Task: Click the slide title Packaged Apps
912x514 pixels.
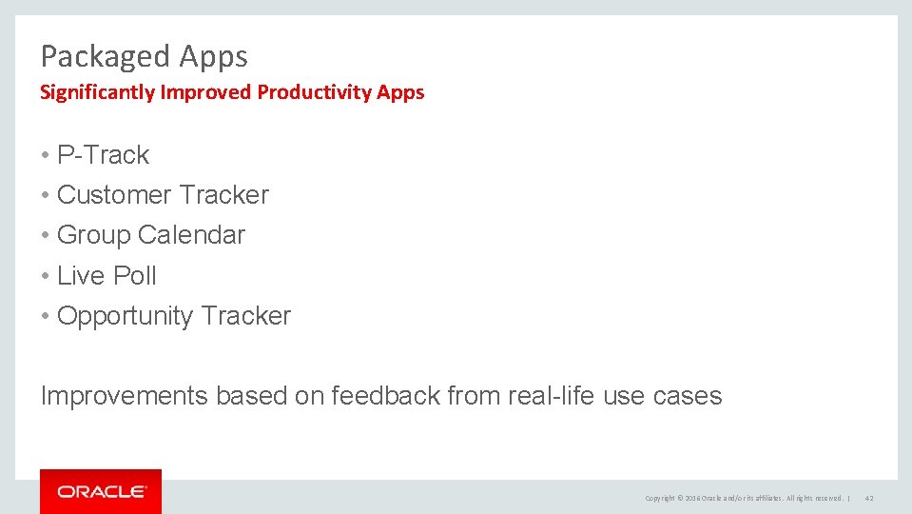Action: point(144,57)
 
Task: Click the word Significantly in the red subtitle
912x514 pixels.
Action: point(98,92)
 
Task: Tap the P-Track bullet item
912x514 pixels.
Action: point(103,155)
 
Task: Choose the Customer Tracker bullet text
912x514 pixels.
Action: point(163,195)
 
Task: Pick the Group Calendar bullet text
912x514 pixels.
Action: point(151,235)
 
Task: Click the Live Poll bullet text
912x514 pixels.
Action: point(107,276)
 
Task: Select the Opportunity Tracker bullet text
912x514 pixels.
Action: point(174,316)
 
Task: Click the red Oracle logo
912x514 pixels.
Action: point(101,491)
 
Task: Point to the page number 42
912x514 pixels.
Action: point(869,498)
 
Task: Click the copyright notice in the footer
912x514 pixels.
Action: point(744,498)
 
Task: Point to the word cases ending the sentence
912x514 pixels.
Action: point(688,396)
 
